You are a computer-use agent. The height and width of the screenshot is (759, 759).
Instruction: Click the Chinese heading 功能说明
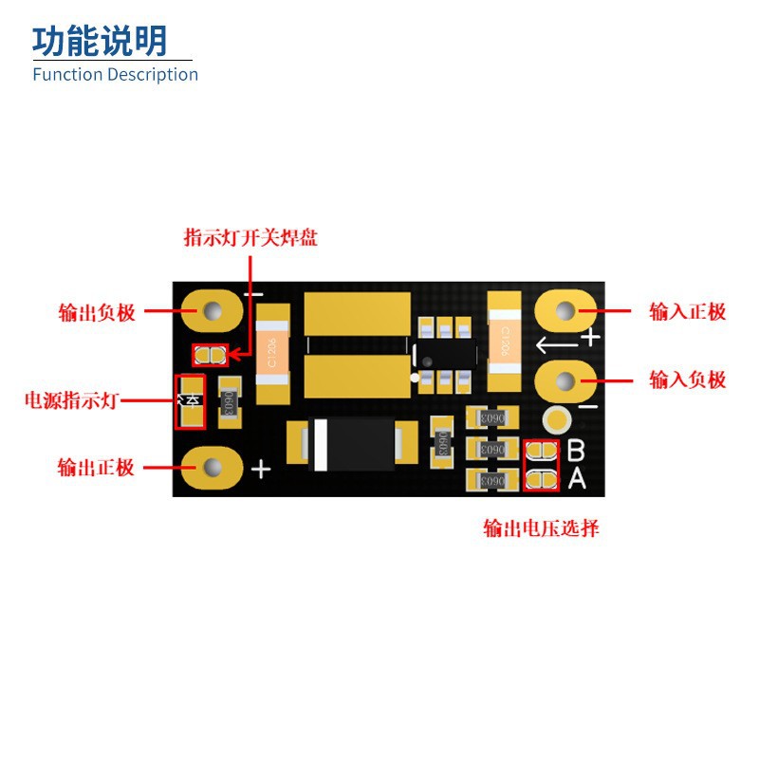coord(100,41)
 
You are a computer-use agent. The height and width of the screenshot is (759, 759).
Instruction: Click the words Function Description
coord(115,74)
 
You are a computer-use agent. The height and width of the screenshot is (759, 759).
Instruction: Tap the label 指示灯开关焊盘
coord(250,237)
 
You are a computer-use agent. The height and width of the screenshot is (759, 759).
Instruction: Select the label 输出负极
coord(97,312)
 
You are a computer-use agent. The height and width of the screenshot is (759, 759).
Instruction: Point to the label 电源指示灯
coord(71,400)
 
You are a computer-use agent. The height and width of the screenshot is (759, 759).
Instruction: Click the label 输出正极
coord(96,468)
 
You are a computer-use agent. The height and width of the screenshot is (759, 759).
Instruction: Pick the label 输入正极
coord(688,311)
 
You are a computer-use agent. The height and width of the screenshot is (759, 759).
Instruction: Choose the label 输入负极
coord(688,379)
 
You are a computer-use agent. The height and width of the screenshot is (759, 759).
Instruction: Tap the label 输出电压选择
coord(541,528)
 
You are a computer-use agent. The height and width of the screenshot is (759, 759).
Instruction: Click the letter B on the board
coord(576,451)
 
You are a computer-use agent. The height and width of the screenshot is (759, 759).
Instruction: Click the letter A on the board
coord(576,480)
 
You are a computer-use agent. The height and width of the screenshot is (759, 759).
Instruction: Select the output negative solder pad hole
coord(210,310)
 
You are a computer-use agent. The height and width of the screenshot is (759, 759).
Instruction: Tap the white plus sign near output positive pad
coord(261,468)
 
